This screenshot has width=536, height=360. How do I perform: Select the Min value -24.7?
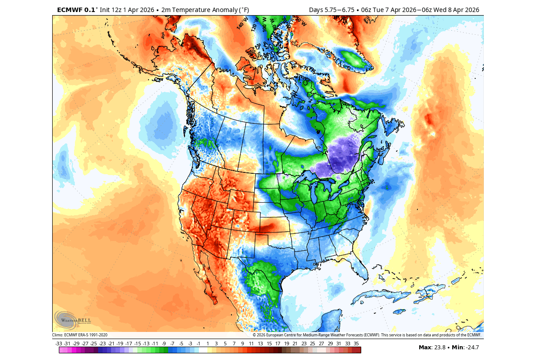(x=472, y=348)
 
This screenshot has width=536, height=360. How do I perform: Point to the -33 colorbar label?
(x=58, y=344)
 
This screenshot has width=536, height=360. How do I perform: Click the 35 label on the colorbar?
(x=356, y=344)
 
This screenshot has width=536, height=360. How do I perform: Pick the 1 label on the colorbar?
(x=207, y=344)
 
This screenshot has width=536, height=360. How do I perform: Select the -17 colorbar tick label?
(x=128, y=344)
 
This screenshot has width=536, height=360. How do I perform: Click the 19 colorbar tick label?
(x=286, y=344)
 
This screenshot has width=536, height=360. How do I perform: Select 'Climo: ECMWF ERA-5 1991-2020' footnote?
(x=79, y=335)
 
